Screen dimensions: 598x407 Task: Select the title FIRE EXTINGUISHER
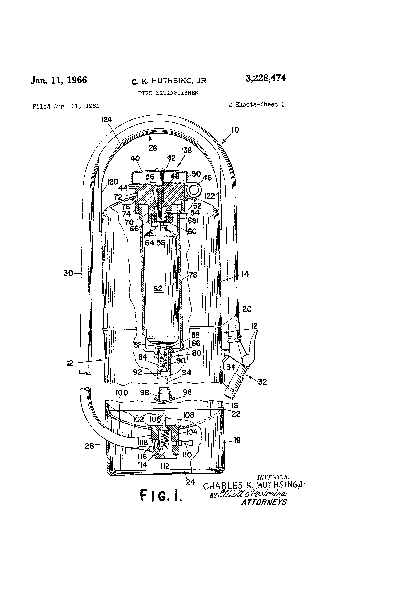(x=168, y=93)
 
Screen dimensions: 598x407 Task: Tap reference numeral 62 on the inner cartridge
(x=158, y=289)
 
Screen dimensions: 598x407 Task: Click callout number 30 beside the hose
(x=68, y=273)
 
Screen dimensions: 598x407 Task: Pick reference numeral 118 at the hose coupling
(x=144, y=442)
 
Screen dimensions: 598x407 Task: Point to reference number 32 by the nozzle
(x=262, y=382)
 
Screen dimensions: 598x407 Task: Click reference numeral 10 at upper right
(x=235, y=130)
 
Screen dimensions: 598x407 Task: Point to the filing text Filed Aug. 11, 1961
(x=66, y=106)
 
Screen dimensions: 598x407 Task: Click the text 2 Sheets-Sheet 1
(x=256, y=104)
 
